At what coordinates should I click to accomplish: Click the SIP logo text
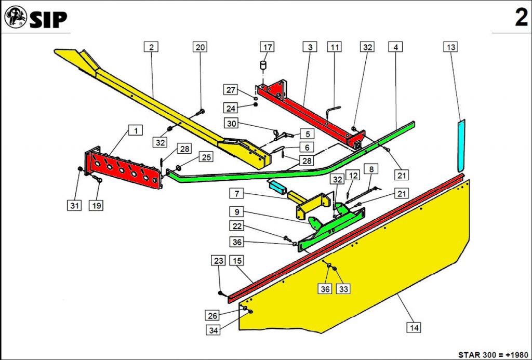pyautogui.click(x=48, y=20)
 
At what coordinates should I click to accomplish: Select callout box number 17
pyautogui.click(x=268, y=47)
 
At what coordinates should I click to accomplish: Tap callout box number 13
pyautogui.click(x=450, y=47)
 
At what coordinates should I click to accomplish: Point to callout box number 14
pyautogui.click(x=414, y=327)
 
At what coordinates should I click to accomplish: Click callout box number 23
pyautogui.click(x=218, y=260)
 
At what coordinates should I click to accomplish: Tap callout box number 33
pyautogui.click(x=343, y=289)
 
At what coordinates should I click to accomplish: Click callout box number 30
pyautogui.click(x=232, y=124)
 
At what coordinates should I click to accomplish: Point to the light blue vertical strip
pyautogui.click(x=459, y=145)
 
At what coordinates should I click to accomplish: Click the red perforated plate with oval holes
pyautogui.click(x=124, y=168)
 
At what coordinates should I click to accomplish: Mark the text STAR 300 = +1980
pyautogui.click(x=493, y=354)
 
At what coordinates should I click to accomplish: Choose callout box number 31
pyautogui.click(x=74, y=206)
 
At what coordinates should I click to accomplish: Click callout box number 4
pyautogui.click(x=396, y=47)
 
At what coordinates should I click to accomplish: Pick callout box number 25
pyautogui.click(x=206, y=157)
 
